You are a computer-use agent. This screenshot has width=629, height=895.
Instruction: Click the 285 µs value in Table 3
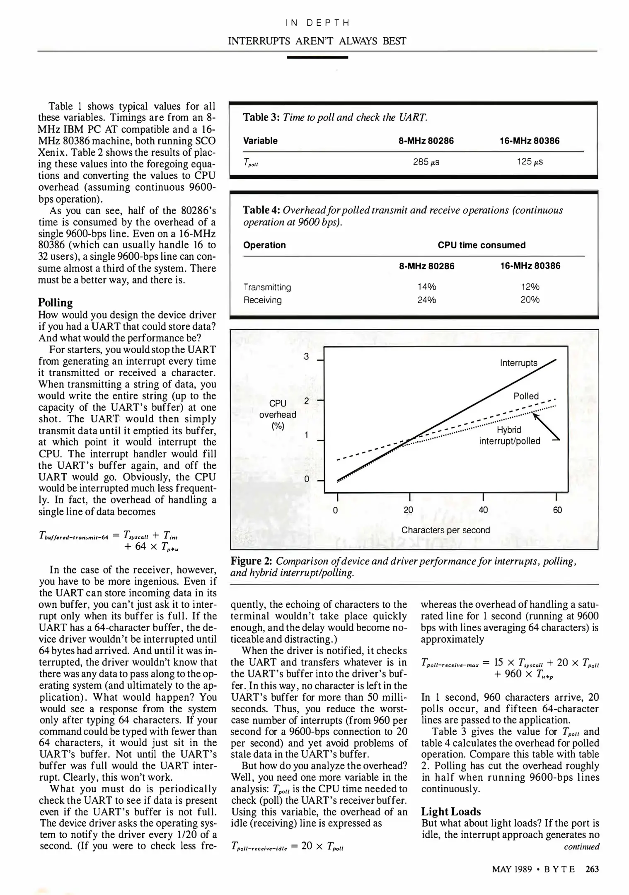pyautogui.click(x=426, y=162)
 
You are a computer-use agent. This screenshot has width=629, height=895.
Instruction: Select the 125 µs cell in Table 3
pyautogui.click(x=530, y=162)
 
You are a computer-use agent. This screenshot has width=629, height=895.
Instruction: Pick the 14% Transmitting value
pyautogui.click(x=426, y=287)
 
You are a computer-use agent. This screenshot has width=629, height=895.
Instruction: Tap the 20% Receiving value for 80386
pyautogui.click(x=530, y=300)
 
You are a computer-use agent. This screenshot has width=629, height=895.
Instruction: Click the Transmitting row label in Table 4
pyautogui.click(x=267, y=287)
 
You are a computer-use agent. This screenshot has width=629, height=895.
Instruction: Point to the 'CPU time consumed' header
pyautogui.click(x=481, y=245)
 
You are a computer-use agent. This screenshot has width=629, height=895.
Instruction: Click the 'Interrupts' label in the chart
pyautogui.click(x=518, y=363)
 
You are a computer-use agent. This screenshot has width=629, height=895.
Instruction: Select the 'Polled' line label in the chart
pyautogui.click(x=526, y=396)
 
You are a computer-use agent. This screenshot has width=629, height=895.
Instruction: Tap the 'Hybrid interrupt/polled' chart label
pyautogui.click(x=509, y=435)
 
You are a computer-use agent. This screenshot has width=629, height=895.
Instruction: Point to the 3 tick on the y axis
pyautogui.click(x=306, y=356)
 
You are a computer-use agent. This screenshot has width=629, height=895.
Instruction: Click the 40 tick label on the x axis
pyautogui.click(x=483, y=510)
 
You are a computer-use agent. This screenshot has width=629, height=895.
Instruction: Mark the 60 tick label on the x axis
pyautogui.click(x=557, y=510)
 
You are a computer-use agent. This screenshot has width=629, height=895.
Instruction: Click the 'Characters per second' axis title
pyautogui.click(x=445, y=530)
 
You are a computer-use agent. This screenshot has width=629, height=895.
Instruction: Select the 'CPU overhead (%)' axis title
pyautogui.click(x=277, y=414)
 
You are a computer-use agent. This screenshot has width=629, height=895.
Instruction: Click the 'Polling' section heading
pyautogui.click(x=55, y=302)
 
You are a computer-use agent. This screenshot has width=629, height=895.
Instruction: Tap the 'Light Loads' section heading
pyautogui.click(x=451, y=812)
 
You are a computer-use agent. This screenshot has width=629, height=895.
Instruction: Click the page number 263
pyautogui.click(x=592, y=869)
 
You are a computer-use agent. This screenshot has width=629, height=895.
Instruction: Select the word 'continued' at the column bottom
pyautogui.click(x=581, y=846)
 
